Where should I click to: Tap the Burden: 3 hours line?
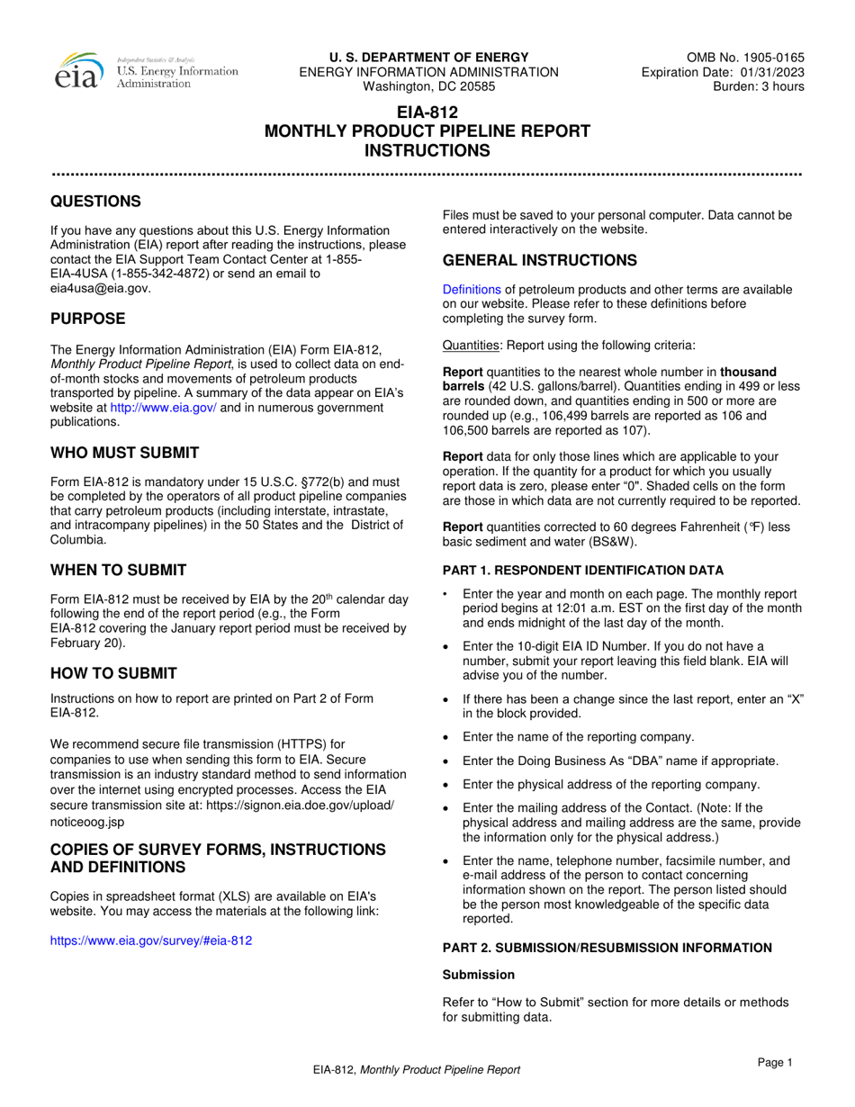click(x=759, y=86)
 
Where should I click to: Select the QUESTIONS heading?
click(x=94, y=201)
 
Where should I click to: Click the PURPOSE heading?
click(x=87, y=319)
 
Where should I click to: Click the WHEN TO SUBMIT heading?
click(x=118, y=570)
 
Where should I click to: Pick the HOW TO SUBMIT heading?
click(x=113, y=673)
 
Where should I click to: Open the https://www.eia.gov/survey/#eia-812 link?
click(x=151, y=940)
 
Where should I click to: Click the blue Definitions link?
click(x=472, y=289)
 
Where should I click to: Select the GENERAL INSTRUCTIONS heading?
click(x=539, y=260)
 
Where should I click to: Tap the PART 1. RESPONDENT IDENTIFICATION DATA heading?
click(x=582, y=570)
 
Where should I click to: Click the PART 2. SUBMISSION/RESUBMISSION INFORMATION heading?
click(x=607, y=947)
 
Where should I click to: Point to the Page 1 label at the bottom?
click(x=775, y=1063)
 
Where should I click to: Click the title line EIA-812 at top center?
click(x=427, y=112)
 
